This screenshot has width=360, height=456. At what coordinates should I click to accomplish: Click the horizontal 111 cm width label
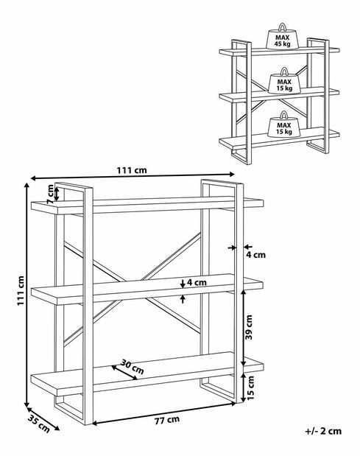click(132, 170)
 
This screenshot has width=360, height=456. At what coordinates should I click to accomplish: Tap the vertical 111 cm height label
click(21, 290)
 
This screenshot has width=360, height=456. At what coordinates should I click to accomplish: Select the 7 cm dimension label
click(50, 194)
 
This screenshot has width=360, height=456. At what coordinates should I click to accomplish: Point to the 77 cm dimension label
click(166, 420)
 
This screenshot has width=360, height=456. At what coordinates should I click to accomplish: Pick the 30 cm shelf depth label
click(133, 367)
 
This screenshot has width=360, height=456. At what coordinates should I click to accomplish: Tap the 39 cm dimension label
click(249, 327)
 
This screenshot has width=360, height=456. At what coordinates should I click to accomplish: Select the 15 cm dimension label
click(250, 387)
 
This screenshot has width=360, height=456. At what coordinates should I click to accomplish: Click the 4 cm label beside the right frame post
click(255, 255)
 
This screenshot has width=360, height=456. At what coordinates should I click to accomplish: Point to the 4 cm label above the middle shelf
click(197, 282)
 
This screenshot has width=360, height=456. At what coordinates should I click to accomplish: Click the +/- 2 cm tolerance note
click(323, 431)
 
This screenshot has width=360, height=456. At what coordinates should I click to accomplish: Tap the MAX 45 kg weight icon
click(282, 36)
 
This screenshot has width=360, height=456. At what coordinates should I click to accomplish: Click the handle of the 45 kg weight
click(282, 27)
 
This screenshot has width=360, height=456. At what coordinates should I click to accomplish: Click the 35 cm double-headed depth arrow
click(43, 418)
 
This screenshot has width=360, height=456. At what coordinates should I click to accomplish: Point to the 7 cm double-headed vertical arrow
click(57, 194)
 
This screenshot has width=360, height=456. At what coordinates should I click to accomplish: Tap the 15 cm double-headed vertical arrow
click(244, 387)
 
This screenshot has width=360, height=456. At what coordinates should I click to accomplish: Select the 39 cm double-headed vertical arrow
click(244, 328)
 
